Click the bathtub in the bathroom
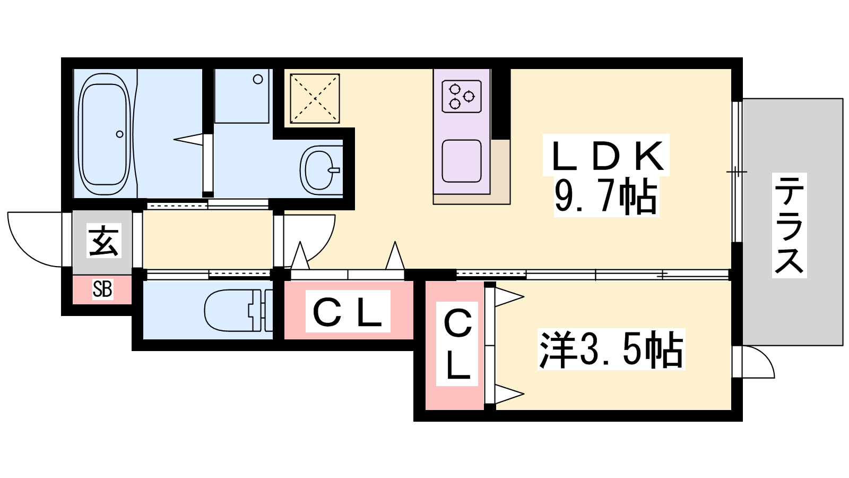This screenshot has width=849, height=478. click(105, 134)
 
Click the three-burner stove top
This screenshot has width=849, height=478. click(461, 96)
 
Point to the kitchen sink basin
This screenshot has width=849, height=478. click(462, 160)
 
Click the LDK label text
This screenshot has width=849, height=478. click(607, 156)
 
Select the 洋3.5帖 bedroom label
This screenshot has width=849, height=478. click(611, 349)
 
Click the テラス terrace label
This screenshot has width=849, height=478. click(789, 225)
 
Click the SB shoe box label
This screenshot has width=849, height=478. click(102, 289)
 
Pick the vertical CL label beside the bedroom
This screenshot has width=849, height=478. click(457, 344)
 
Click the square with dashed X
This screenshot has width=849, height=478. click(315, 99)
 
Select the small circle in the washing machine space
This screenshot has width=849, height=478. click(258, 80)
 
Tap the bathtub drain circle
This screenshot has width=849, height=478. click(120, 134)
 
